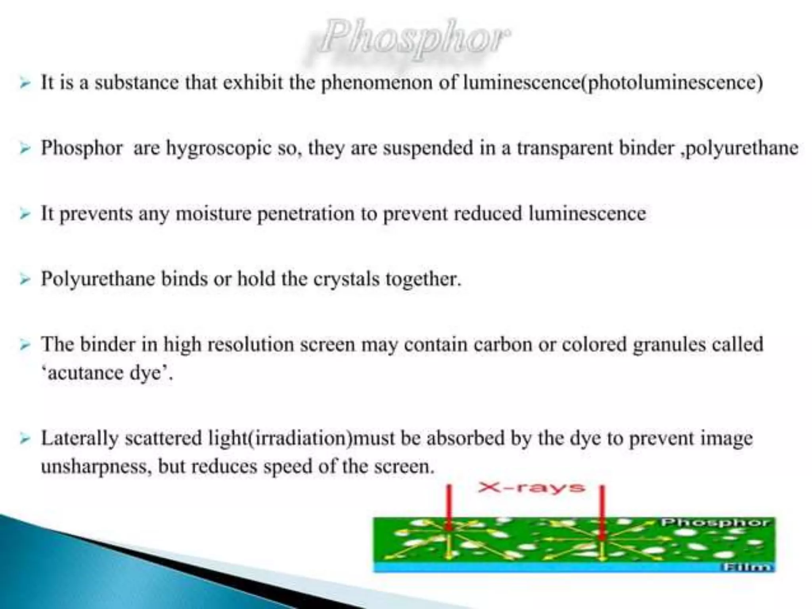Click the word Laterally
pos(80,438)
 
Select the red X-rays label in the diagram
pos(531,487)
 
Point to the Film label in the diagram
pos(747,567)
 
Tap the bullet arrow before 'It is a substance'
pos(25,83)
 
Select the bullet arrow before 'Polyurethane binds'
pos(25,279)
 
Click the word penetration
pos(306,214)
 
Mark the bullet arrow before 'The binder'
pos(25,345)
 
